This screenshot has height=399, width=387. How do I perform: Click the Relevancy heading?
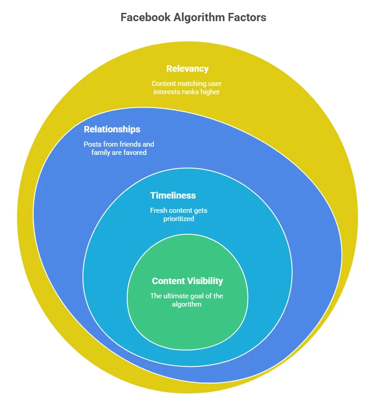click(x=188, y=69)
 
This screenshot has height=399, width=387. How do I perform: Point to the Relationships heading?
click(x=112, y=129)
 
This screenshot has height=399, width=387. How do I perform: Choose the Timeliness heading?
click(x=173, y=195)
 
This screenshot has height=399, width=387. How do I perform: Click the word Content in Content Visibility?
click(x=168, y=281)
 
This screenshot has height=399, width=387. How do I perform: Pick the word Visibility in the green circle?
click(x=205, y=281)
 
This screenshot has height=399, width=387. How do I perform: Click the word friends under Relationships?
click(x=130, y=144)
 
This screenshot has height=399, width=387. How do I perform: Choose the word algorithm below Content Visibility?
click(x=188, y=304)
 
